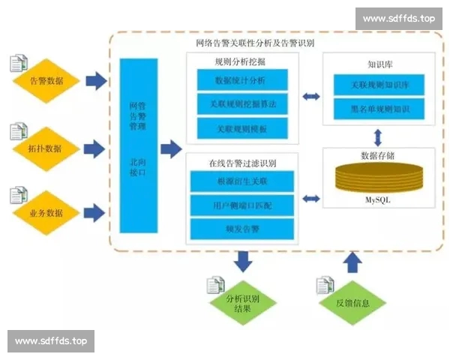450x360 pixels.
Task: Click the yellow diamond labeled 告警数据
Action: point(46,80)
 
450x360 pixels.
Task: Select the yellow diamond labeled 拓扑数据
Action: point(46,148)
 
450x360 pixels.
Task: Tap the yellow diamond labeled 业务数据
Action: point(46,213)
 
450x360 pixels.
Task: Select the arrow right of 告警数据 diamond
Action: point(95,79)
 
